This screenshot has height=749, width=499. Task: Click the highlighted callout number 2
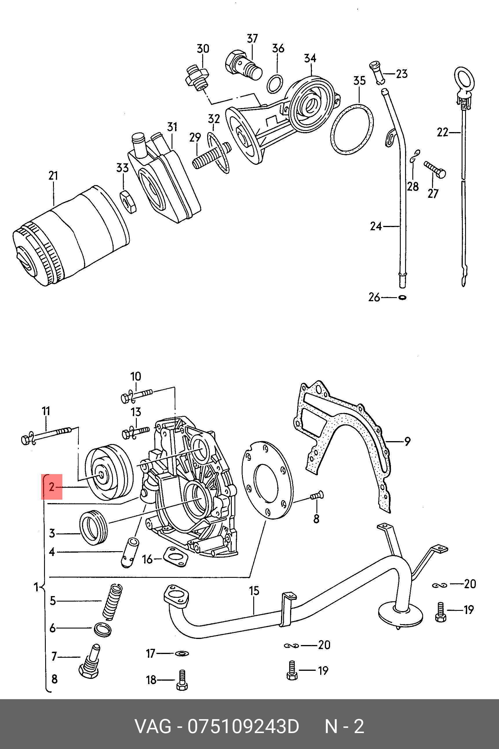52,487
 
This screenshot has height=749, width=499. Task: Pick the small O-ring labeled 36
275,84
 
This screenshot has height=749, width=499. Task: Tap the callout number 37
252,39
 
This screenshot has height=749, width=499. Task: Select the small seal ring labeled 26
403,298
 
